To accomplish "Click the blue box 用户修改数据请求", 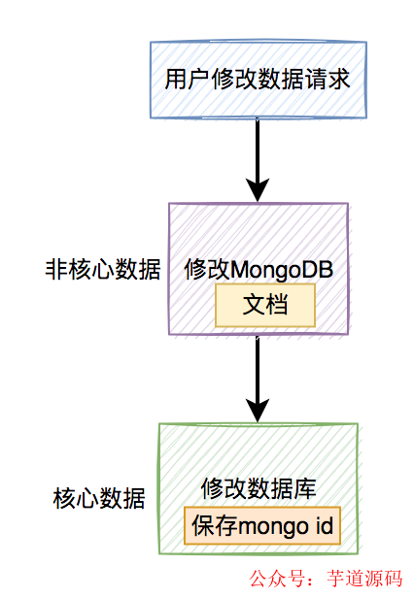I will point(257,78).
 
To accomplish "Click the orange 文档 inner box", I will point(264,305).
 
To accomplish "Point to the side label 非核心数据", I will point(103,270).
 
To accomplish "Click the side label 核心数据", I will point(99,500).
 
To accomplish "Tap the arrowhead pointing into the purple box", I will point(258,189).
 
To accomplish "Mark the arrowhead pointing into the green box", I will point(258,410).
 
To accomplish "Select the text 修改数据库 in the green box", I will point(259,488).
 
